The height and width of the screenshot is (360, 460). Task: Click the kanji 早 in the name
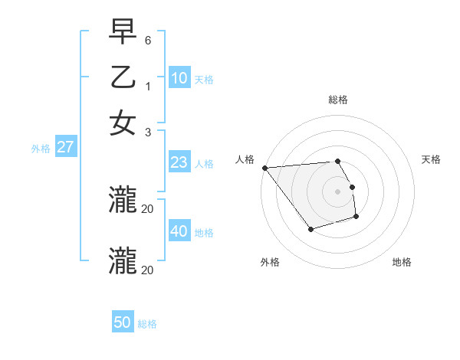pos(123,32)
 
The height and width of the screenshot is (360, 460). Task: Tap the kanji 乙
pos(123,78)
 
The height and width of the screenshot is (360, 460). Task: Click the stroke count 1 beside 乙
pos(147,87)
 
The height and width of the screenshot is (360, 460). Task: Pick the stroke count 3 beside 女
pos(147,132)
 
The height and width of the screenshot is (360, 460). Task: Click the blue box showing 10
pos(179,78)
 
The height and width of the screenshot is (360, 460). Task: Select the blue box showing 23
pos(179,162)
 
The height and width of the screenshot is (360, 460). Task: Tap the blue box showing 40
pos(179,231)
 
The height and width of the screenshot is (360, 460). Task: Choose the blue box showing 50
pos(123,322)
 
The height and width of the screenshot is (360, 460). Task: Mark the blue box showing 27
pos(65,147)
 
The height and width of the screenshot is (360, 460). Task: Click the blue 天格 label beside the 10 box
pos(204,80)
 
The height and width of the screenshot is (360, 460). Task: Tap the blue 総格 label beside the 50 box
pos(147,324)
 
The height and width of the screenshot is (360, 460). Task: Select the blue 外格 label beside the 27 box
pos(41,149)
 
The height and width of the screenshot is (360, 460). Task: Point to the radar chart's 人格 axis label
pos(245,159)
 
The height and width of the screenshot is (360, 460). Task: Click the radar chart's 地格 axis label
pos(402,262)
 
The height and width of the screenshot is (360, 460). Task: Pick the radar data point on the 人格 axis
pos(264,168)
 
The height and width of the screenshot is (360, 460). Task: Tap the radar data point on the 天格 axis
pos(352,187)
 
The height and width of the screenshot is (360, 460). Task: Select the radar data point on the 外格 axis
pos(310,229)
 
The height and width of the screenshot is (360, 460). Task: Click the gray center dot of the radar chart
pos(337,191)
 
